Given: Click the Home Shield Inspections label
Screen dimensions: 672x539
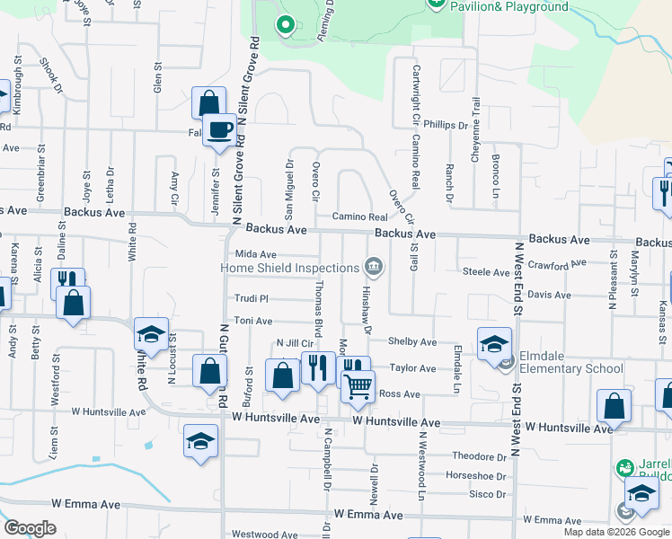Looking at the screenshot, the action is click(291, 268).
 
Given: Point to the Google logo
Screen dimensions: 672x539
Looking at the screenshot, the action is click(30, 528).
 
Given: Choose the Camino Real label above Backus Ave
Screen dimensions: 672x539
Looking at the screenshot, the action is click(359, 217).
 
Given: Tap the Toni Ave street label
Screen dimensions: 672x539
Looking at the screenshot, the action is click(252, 320).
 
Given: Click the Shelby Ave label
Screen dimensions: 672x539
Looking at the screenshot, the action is click(411, 342).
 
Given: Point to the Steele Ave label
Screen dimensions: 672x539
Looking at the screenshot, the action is click(485, 271).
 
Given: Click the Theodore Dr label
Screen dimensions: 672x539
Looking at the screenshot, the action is click(480, 456).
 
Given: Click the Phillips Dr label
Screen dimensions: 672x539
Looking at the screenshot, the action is click(447, 126).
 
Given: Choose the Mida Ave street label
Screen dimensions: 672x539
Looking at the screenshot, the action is click(254, 254).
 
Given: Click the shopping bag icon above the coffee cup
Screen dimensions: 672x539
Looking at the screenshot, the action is click(208, 102).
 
